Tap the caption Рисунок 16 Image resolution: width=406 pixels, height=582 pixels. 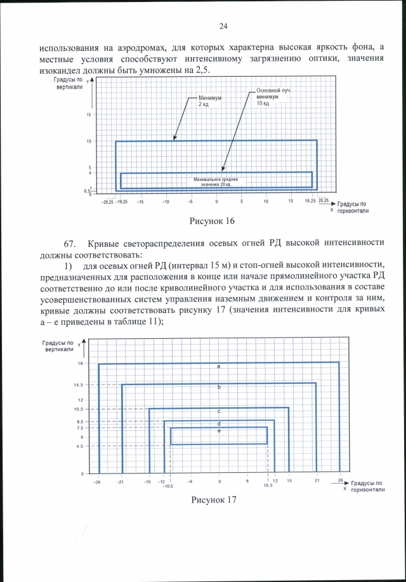(x=213, y=221)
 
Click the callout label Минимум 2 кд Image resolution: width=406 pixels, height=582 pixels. (x=207, y=101)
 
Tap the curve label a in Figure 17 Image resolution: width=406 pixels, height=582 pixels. (x=218, y=367)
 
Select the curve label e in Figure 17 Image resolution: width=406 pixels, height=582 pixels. (x=219, y=431)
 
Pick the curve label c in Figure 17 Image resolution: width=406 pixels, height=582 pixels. (x=219, y=411)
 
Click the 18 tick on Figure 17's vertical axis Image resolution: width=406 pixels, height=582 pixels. (x=81, y=363)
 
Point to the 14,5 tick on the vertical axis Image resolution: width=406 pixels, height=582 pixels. (x=78, y=385)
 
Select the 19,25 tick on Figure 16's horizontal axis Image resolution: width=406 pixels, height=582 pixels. (x=310, y=201)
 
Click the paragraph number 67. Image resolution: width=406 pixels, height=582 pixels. (x=70, y=244)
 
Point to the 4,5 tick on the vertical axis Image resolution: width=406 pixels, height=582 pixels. (x=79, y=446)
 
